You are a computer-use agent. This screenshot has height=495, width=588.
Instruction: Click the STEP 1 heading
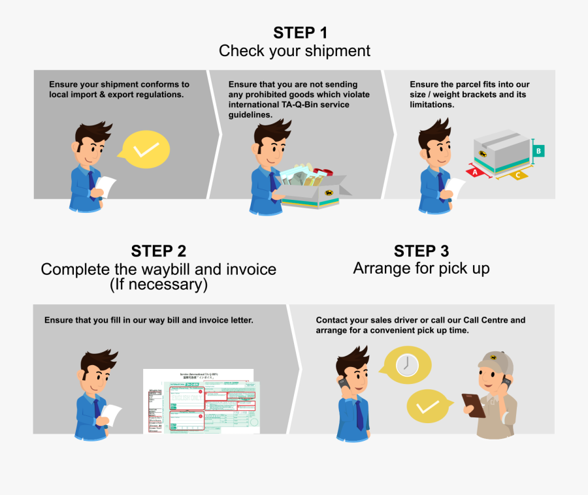pos(300,33)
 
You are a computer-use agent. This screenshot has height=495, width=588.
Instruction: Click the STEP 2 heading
pos(158,251)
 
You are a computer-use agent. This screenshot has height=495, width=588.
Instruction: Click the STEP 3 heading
pos(421,251)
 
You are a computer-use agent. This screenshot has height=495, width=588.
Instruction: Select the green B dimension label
pos(538,151)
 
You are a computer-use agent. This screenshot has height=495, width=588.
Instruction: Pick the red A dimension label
pos(475,172)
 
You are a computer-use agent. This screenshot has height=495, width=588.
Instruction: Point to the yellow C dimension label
pos(518,175)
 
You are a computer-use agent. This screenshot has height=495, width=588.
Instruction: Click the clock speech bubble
pos(406,365)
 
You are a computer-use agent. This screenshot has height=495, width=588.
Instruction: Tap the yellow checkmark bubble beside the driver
pos(427,407)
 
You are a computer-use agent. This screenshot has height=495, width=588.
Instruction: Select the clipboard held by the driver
pos(473,404)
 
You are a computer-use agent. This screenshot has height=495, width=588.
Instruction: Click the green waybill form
pos(212,407)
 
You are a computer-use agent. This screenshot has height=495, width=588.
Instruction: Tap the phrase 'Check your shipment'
pos(294,51)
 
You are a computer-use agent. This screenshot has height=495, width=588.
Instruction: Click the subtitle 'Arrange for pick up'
pos(421,268)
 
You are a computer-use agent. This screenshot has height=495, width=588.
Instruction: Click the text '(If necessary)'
pos(158,285)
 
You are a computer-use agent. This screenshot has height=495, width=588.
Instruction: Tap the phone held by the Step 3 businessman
pos(341,381)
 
